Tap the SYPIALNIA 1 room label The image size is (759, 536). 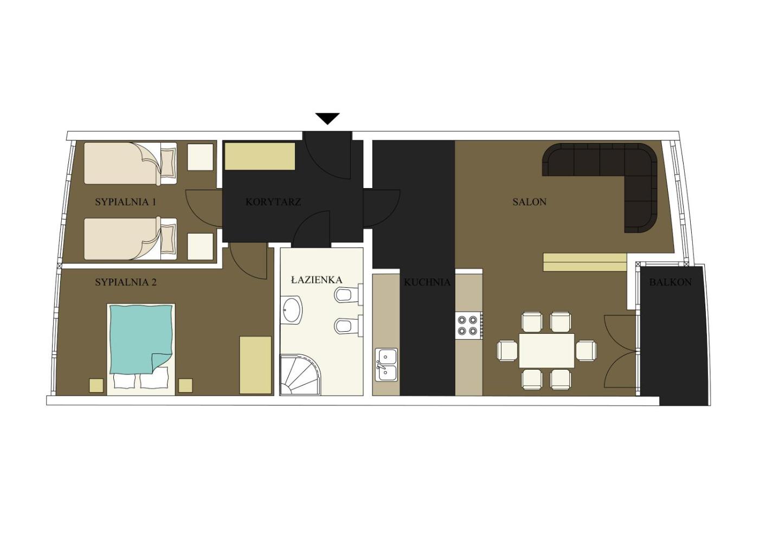(126, 202)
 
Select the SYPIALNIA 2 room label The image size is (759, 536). (126, 282)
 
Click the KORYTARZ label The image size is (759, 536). (273, 202)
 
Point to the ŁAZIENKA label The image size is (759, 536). (317, 280)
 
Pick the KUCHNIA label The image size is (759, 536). (427, 282)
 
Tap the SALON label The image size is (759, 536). (529, 202)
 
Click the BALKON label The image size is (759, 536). (671, 282)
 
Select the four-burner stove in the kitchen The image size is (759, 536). (469, 325)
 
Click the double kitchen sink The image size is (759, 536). (386, 365)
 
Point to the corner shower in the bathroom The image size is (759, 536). (300, 374)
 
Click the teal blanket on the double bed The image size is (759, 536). (140, 339)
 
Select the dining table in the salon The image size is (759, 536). (546, 351)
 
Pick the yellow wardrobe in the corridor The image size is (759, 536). (260, 156)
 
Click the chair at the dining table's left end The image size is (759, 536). (507, 351)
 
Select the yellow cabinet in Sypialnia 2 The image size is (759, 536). (255, 365)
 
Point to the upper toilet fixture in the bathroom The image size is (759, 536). (348, 294)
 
